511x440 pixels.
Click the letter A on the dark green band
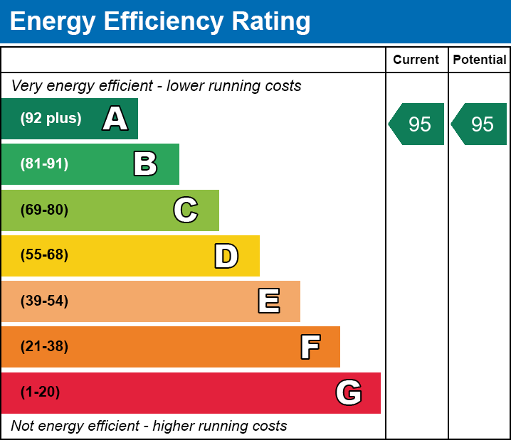click(x=115, y=119)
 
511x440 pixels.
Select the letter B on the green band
click(x=145, y=164)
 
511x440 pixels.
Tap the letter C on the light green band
click(x=186, y=210)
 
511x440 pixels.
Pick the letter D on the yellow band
click(x=226, y=256)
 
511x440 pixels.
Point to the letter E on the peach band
click(x=268, y=301)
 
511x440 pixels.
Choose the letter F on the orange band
click(x=310, y=347)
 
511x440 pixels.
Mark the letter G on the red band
click(x=349, y=392)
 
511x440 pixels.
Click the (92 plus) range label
click(x=51, y=119)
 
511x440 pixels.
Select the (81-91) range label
click(x=44, y=164)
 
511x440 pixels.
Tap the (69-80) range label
click(x=44, y=210)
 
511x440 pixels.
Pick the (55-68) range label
click(x=44, y=255)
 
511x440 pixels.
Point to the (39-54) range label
click(x=44, y=301)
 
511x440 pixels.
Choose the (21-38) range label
click(x=44, y=347)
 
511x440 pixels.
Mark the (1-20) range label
click(x=41, y=392)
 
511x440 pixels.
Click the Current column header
click(x=416, y=60)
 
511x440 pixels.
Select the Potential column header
click(x=480, y=60)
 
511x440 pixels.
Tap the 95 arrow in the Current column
click(x=418, y=124)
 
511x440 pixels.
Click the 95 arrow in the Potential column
click(x=480, y=124)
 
